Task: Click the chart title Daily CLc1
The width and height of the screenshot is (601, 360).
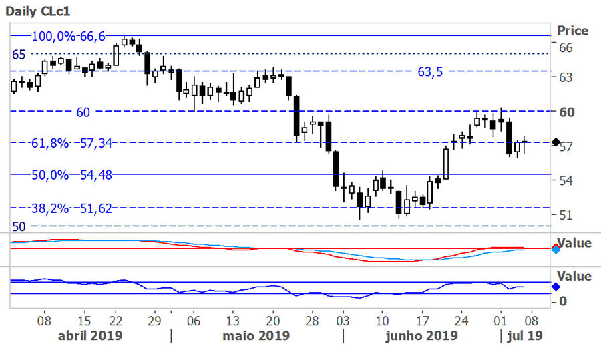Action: [38, 11]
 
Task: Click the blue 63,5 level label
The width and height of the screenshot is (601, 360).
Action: [430, 73]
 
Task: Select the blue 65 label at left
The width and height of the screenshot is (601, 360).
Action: [19, 55]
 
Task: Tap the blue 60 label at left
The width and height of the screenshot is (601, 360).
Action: [83, 112]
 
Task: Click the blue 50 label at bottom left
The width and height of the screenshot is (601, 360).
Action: [19, 227]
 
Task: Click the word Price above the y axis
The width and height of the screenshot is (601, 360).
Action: [572, 31]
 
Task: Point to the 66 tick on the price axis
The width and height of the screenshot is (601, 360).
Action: [565, 47]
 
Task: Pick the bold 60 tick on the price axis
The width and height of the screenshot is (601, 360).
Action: [566, 112]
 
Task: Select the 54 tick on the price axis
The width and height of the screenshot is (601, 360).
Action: [565, 180]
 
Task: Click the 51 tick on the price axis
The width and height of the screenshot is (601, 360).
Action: [565, 215]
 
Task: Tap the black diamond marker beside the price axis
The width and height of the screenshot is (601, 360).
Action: [556, 142]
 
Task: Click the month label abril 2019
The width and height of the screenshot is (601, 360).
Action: [90, 335]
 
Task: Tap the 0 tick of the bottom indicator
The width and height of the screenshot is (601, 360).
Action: [563, 301]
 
